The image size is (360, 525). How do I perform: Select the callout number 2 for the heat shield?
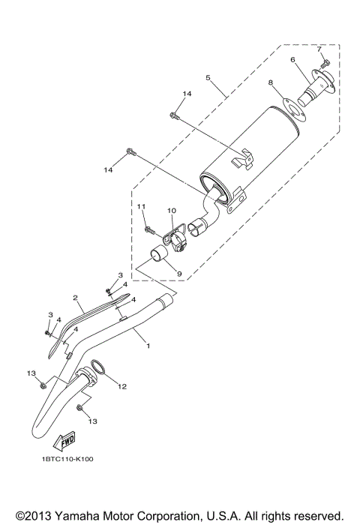tap(76, 298)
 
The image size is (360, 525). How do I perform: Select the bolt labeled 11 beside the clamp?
tap(149, 228)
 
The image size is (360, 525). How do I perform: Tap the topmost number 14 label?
tap(186, 92)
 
